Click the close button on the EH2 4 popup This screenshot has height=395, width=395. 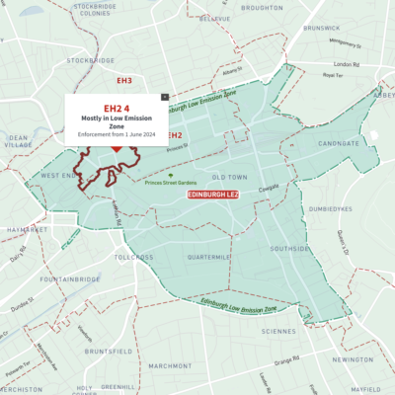coord(163,95)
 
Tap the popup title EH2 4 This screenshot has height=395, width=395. coord(116,106)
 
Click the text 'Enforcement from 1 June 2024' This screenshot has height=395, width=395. coord(116,135)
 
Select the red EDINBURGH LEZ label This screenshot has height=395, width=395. coord(213,197)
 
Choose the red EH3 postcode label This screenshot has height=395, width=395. coord(123,80)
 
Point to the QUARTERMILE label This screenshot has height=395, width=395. coord(209,257)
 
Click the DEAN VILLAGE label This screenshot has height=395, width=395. coord(18,142)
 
